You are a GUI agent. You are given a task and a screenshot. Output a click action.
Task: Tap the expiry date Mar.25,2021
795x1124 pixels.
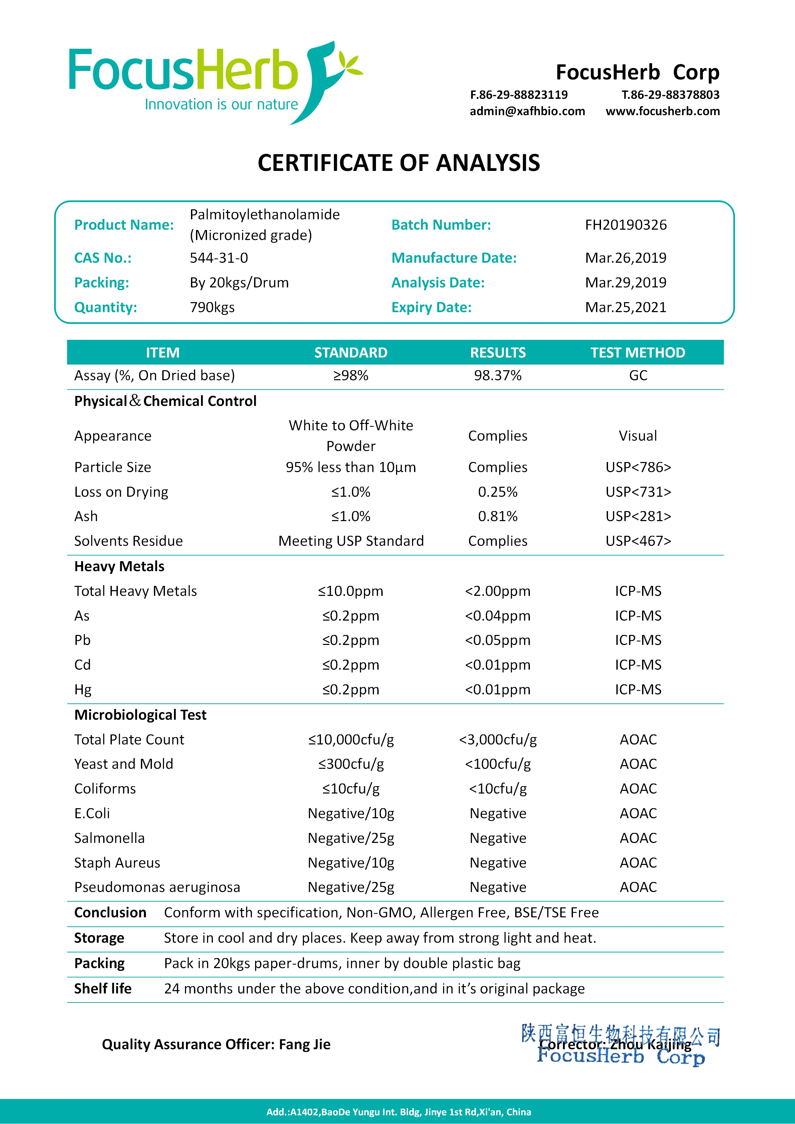tap(626, 307)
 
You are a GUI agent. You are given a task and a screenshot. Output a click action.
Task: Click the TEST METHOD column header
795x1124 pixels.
tap(637, 353)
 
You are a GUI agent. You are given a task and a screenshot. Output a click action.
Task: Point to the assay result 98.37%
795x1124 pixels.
tap(498, 376)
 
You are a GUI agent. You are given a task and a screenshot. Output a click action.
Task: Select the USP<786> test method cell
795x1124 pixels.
tap(638, 467)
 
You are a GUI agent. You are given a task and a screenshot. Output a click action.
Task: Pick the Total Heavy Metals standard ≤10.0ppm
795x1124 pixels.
tap(351, 591)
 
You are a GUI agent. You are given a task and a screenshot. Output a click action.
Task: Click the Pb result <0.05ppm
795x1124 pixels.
tap(498, 640)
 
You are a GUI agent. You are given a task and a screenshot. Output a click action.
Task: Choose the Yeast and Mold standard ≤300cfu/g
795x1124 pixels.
tap(351, 764)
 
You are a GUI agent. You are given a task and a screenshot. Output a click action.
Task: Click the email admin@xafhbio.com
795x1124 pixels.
tap(527, 111)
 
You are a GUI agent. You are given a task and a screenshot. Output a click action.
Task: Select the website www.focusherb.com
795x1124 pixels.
tap(663, 111)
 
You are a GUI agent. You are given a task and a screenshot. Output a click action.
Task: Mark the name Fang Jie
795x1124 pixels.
tap(305, 1044)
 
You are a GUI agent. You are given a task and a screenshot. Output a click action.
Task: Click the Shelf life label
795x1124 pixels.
tap(103, 988)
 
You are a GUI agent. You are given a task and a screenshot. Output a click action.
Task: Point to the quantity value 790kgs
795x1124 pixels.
tap(212, 307)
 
